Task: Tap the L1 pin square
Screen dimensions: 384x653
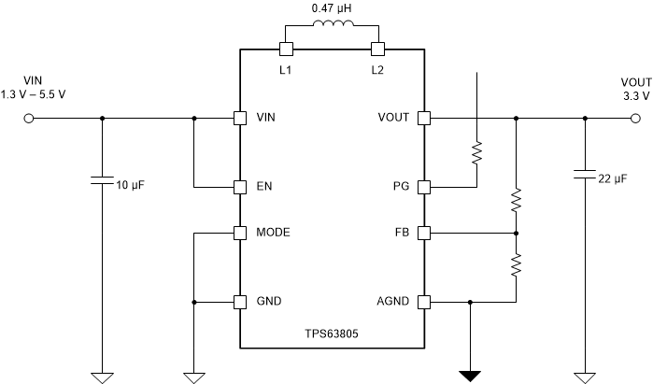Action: click(286, 48)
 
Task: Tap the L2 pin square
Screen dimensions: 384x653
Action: click(377, 48)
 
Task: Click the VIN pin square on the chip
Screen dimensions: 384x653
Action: click(240, 119)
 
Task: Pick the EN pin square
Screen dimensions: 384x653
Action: click(240, 186)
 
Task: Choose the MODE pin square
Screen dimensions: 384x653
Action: click(240, 232)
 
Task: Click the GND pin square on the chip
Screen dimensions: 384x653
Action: click(240, 302)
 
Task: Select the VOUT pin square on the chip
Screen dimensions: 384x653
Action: click(423, 119)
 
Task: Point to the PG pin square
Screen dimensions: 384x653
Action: click(423, 186)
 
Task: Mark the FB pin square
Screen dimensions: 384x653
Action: click(423, 232)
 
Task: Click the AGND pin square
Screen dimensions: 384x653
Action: click(423, 302)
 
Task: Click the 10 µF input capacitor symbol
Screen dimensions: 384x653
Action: click(102, 179)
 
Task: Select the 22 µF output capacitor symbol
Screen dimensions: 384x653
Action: click(585, 174)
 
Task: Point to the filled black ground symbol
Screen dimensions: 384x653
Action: click(469, 376)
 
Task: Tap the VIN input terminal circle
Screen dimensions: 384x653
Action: click(29, 119)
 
